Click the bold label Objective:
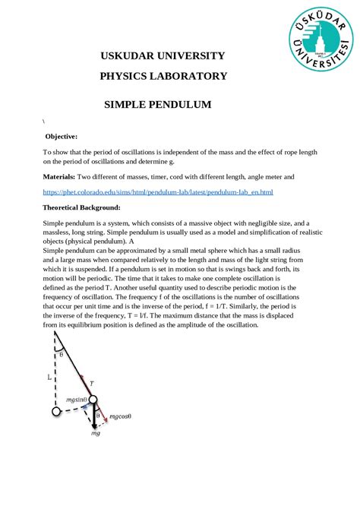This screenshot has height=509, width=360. click(x=62, y=136)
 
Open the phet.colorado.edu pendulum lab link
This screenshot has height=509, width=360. click(x=157, y=192)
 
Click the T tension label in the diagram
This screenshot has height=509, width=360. click(x=92, y=384)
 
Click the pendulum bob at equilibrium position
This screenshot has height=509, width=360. click(x=56, y=412)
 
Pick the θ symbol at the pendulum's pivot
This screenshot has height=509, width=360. click(x=62, y=354)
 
